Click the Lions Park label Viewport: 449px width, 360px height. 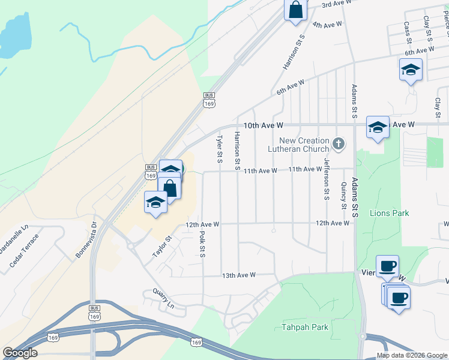pos(389,213)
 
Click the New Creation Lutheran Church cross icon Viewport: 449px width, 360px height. pos(339,143)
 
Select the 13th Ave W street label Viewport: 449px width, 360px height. pos(239,275)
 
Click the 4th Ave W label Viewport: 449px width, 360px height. pos(327,25)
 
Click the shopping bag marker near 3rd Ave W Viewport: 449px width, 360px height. pos(295,10)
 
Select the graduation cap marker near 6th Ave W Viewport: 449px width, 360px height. pos(411,71)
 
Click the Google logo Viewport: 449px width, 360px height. pos(20,353)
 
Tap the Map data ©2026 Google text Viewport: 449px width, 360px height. pos(411,355)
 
